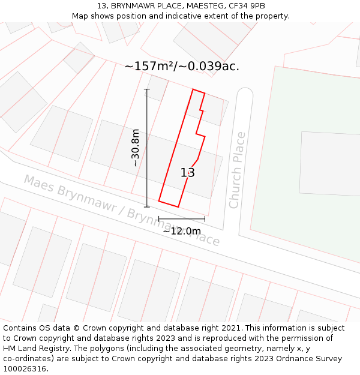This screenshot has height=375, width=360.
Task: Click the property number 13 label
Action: [188, 173]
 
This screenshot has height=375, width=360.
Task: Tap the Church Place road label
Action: [237, 170]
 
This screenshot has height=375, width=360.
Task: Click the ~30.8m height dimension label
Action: [136, 148]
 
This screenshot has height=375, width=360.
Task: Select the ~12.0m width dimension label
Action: [182, 231]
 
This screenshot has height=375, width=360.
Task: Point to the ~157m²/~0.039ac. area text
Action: [182, 67]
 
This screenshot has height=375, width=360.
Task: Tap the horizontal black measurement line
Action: [182, 218]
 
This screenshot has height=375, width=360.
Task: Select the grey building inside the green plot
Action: [330, 163]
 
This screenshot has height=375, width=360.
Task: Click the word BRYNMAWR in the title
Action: [133, 6]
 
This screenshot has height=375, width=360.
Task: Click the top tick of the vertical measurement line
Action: [147, 89]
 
